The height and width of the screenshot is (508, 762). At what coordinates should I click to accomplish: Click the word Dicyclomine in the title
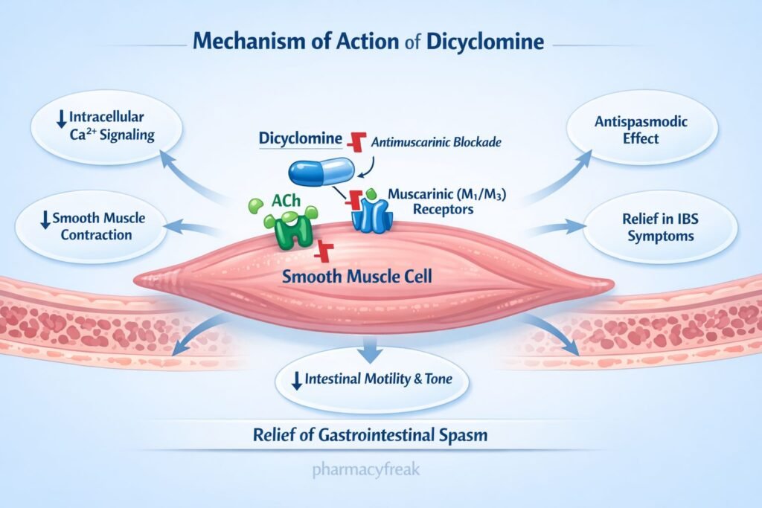486,41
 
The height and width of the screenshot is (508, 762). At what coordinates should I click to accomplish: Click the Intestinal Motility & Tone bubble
370,379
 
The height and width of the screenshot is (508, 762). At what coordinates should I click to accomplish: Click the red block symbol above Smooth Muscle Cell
323,251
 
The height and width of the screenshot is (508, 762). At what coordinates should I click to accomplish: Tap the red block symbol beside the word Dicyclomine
359,139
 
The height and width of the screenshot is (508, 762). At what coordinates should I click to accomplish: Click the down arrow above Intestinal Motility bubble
370,347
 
